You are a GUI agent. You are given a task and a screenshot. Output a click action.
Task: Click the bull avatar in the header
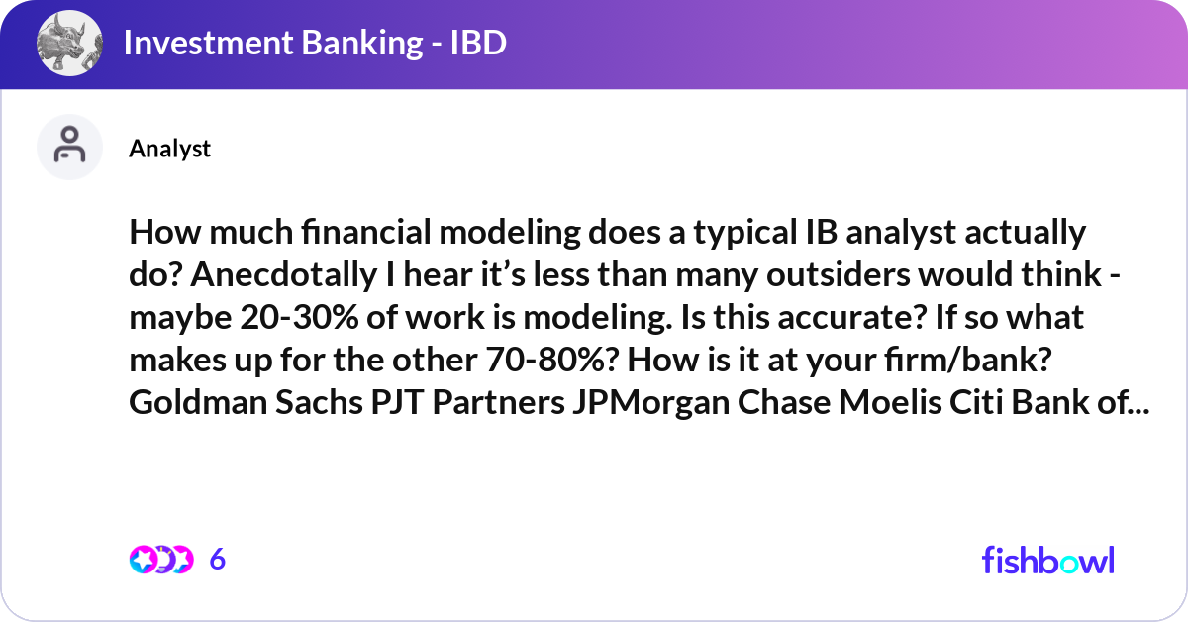[69, 45]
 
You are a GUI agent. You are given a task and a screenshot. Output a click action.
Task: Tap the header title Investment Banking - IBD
[315, 44]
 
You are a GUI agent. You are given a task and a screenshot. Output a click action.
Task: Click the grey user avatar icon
[69, 147]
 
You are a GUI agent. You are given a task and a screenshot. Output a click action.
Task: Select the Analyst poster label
[169, 149]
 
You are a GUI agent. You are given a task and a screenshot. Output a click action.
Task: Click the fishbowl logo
[1047, 560]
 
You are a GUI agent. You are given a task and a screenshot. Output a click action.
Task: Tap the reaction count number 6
[218, 560]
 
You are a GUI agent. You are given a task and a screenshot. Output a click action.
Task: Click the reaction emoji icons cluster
[160, 560]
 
